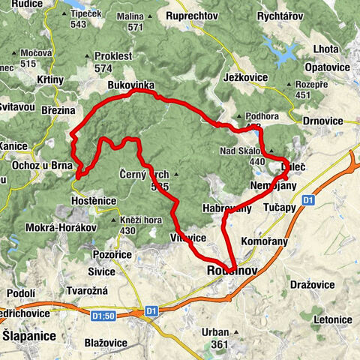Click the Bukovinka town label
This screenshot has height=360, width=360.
click(131, 85)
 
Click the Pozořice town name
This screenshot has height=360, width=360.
click(112, 255)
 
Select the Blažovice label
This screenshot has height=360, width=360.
click(105, 341)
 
